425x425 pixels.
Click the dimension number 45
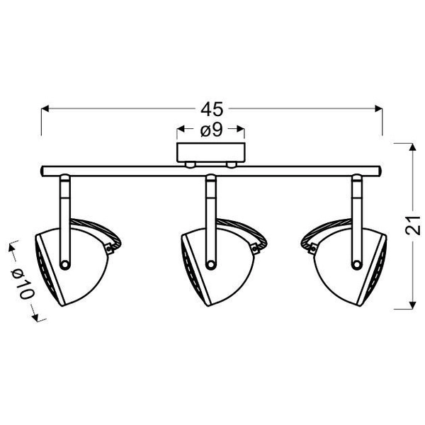[212, 109]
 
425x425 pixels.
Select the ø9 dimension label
[211, 130]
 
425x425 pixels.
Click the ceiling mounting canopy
[211, 154]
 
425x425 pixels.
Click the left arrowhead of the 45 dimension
[45, 109]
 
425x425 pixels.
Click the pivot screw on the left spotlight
[64, 264]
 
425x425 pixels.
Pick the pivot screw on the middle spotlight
[210, 264]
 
